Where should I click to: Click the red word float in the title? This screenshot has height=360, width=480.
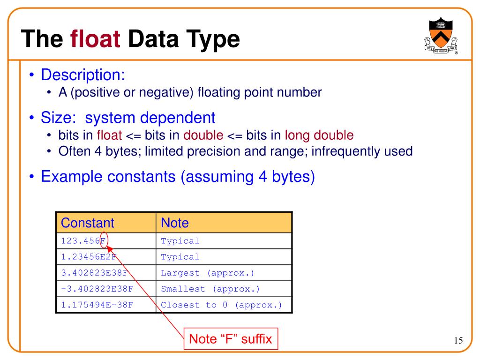coord(96,39)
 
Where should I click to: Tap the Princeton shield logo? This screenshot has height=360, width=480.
coord(439,35)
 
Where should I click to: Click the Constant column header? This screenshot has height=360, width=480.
coord(88,223)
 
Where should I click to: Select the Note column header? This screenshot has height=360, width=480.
coord(174,223)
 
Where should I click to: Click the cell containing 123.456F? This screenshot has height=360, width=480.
coord(83,241)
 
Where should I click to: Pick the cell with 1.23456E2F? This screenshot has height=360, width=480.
coord(88,257)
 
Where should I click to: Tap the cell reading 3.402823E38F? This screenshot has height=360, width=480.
coord(94,273)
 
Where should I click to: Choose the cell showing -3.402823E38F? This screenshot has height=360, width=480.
coord(97,289)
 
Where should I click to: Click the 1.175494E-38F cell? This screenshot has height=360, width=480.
coord(97,305)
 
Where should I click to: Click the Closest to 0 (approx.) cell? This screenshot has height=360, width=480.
coord(221,305)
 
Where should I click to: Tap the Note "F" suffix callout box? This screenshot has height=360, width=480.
coord(230,338)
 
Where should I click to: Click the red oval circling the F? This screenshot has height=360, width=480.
coord(104,240)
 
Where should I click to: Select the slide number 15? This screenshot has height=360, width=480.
coord(458,340)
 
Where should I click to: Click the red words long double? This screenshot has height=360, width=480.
coord(319,135)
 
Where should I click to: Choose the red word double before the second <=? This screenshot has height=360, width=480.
coord(203,135)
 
